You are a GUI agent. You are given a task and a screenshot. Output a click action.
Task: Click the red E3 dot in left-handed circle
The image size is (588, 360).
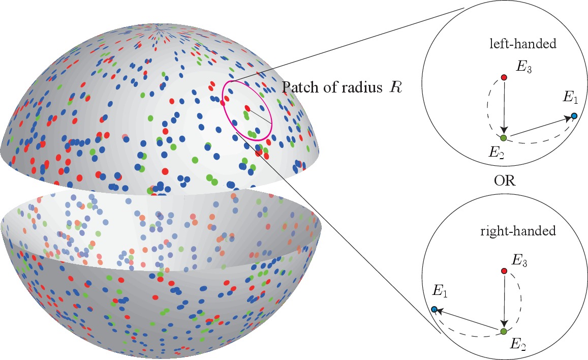tap(504, 77)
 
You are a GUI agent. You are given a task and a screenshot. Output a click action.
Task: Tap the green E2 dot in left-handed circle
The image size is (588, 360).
tap(503, 138)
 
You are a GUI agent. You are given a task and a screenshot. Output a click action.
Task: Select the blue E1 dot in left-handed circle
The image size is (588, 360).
tap(574, 116)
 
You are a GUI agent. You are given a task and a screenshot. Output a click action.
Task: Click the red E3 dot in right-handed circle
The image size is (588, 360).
tap(504, 271)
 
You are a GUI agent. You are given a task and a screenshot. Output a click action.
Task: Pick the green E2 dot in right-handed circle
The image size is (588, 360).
tap(503, 332)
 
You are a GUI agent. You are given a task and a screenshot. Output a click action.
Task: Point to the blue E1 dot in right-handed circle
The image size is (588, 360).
tap(434, 309)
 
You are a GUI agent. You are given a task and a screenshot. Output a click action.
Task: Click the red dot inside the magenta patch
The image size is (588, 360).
tap(247, 108)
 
